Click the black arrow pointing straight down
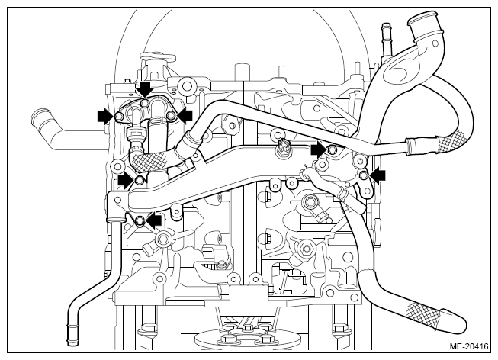pos(146,88)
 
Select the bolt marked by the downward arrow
pos(145,103)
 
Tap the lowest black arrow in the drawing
pos(153,220)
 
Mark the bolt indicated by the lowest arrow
pos(140,220)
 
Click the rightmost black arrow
pos(378,175)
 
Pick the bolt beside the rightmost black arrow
pos(363,175)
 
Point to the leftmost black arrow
pos(106,117)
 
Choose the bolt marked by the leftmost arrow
pos(119,117)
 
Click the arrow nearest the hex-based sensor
pos(319,149)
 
